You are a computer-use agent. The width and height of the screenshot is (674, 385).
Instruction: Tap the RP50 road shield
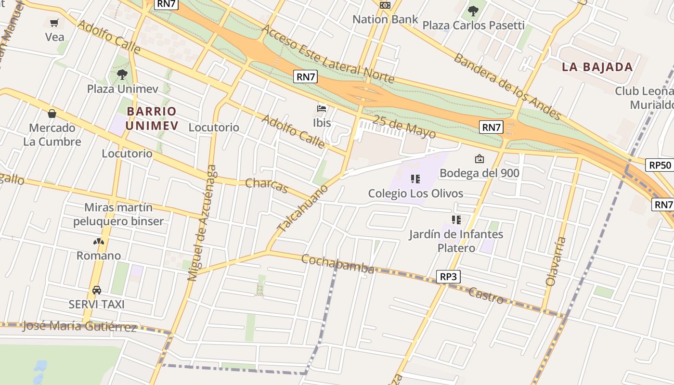[x=660, y=165]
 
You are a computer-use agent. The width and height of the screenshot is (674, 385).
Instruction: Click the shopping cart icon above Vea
[x=54, y=23]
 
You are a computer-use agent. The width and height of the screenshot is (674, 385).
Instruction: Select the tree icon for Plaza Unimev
[x=122, y=74]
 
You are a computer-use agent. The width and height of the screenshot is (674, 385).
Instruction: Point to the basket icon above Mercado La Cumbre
[x=52, y=114]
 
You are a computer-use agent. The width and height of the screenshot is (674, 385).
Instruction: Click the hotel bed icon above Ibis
[x=322, y=108]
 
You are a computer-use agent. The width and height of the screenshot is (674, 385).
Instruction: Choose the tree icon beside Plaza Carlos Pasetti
[x=473, y=11]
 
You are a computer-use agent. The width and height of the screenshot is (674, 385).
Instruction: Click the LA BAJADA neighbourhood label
[x=597, y=67]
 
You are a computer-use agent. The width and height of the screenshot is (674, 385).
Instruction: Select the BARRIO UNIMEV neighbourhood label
[x=152, y=118]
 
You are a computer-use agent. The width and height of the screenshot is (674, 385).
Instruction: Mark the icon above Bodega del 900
[x=480, y=158]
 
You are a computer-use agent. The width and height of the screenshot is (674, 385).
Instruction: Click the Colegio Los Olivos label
[x=415, y=193]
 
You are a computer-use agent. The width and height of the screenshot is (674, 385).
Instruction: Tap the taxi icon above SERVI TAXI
[x=97, y=290]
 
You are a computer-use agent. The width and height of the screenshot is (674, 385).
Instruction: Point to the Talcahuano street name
[x=302, y=208]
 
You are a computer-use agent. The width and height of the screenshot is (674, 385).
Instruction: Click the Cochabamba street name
[x=337, y=264]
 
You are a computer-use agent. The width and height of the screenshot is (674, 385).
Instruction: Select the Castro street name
[x=486, y=295]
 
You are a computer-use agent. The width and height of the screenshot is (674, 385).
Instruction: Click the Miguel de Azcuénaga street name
[x=202, y=223]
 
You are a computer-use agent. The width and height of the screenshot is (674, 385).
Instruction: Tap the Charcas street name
[x=266, y=185]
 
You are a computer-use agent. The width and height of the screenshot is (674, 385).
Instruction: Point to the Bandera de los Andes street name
[x=507, y=87]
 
